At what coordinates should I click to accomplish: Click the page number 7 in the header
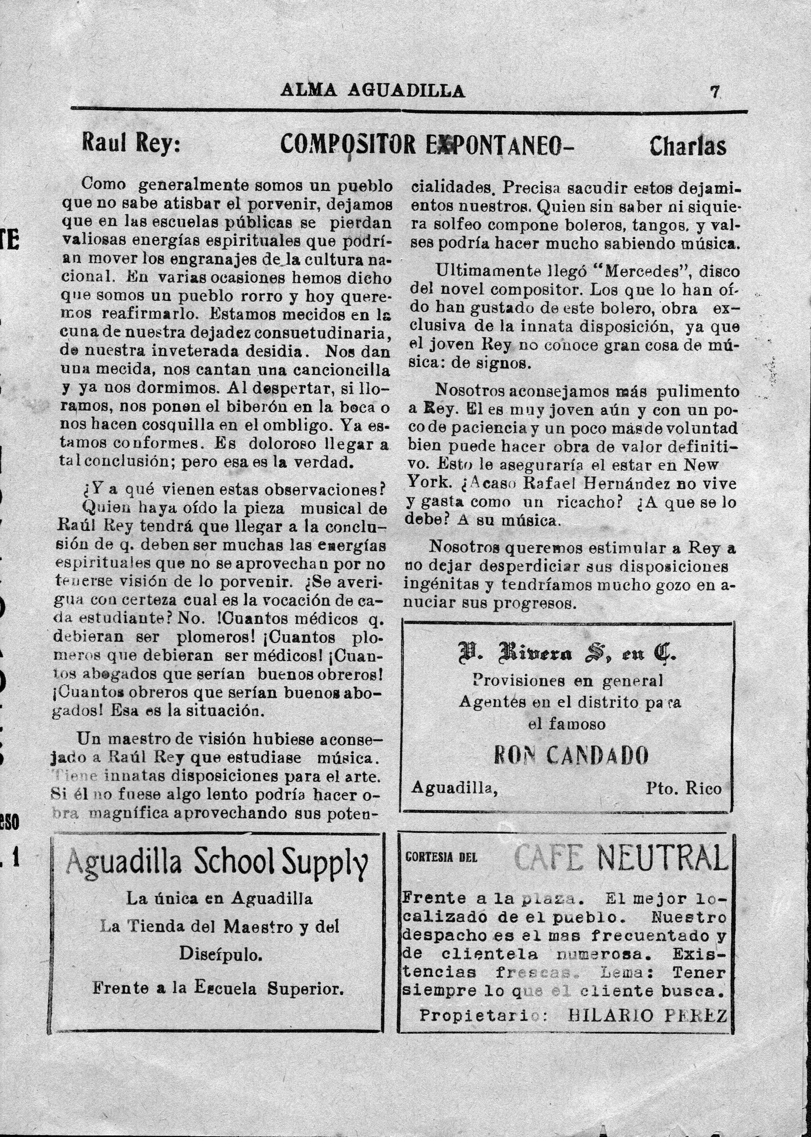[x=715, y=92]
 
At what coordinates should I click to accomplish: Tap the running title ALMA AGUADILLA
[x=373, y=90]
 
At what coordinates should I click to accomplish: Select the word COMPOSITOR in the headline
[x=348, y=145]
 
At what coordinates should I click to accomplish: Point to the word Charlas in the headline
[x=688, y=146]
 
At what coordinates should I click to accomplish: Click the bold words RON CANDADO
[x=571, y=756]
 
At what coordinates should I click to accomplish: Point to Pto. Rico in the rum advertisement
[x=683, y=789]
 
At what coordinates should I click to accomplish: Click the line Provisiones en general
[x=568, y=680]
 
